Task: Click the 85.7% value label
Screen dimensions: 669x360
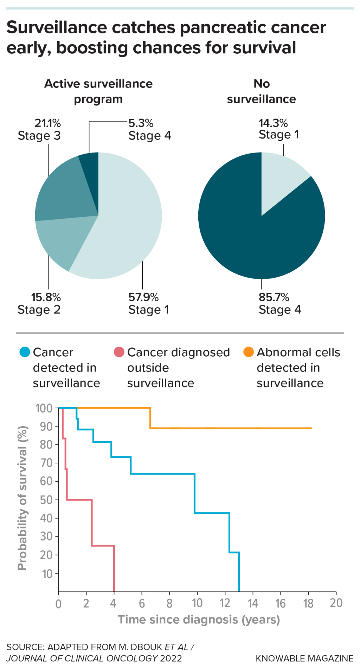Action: [274, 297]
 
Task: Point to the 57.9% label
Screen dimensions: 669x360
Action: [143, 297]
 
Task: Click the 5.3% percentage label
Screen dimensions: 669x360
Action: [141, 123]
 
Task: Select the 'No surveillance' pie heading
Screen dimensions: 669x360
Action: [262, 91]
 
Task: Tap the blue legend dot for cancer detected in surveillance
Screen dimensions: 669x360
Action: [25, 352]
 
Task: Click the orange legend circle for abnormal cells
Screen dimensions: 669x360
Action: [249, 352]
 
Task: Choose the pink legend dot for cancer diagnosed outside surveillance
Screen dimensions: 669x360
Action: [119, 352]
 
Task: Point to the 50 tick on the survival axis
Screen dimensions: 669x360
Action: [46, 500]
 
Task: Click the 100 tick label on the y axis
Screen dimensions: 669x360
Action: [44, 408]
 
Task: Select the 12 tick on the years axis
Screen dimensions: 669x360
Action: [225, 603]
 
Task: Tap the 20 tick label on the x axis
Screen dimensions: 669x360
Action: [336, 603]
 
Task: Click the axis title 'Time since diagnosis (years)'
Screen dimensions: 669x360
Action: [199, 619]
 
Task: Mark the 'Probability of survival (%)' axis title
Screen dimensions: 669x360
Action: [22, 498]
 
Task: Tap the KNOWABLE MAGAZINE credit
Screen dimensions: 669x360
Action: [304, 658]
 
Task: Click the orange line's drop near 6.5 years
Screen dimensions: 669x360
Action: [150, 418]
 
